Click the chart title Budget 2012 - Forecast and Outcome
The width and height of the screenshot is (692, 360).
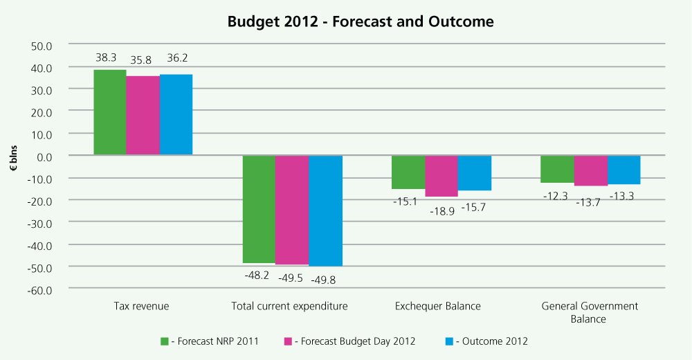(361, 21)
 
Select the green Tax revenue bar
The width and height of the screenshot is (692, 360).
(110, 112)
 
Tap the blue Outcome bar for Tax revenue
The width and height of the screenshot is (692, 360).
(176, 114)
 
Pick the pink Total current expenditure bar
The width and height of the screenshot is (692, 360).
(292, 210)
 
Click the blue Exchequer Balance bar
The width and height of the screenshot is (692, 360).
(475, 173)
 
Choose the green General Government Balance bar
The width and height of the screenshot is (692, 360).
(557, 169)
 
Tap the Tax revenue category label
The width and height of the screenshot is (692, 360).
(141, 306)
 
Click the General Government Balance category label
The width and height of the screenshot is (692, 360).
(590, 312)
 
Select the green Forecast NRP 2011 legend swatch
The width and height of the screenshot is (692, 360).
(165, 341)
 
